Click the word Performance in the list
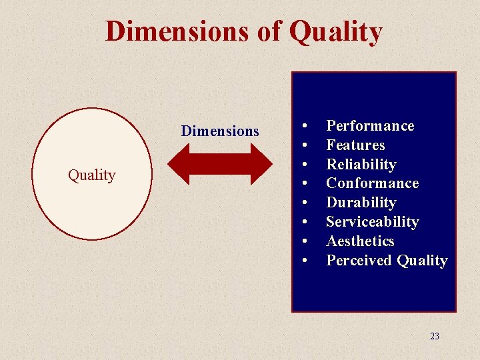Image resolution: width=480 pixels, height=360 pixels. pyautogui.click(x=370, y=126)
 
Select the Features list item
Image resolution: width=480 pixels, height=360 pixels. pyautogui.click(x=355, y=145)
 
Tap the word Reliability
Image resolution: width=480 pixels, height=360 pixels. pyautogui.click(x=361, y=165)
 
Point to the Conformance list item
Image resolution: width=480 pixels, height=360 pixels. pyautogui.click(x=372, y=183)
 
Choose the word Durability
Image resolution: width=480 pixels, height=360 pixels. pyautogui.click(x=361, y=203)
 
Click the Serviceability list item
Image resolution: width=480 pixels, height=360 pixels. pyautogui.click(x=372, y=222)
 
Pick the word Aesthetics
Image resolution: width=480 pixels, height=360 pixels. pyautogui.click(x=360, y=241)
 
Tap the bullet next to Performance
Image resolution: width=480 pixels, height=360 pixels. pyautogui.click(x=304, y=126)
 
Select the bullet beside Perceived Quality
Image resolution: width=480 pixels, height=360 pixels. pyautogui.click(x=304, y=261)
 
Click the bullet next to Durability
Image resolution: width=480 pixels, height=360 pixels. pyautogui.click(x=304, y=203)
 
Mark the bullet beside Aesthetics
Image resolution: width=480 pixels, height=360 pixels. pyautogui.click(x=304, y=241)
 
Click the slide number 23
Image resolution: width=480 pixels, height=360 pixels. pyautogui.click(x=435, y=336)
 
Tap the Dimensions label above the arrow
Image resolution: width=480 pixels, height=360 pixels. pyautogui.click(x=220, y=131)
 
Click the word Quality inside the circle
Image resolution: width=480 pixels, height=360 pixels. pyautogui.click(x=92, y=175)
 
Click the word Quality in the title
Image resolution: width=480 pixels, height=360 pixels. pyautogui.click(x=336, y=31)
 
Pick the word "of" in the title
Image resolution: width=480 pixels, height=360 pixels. pyautogui.click(x=269, y=31)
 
